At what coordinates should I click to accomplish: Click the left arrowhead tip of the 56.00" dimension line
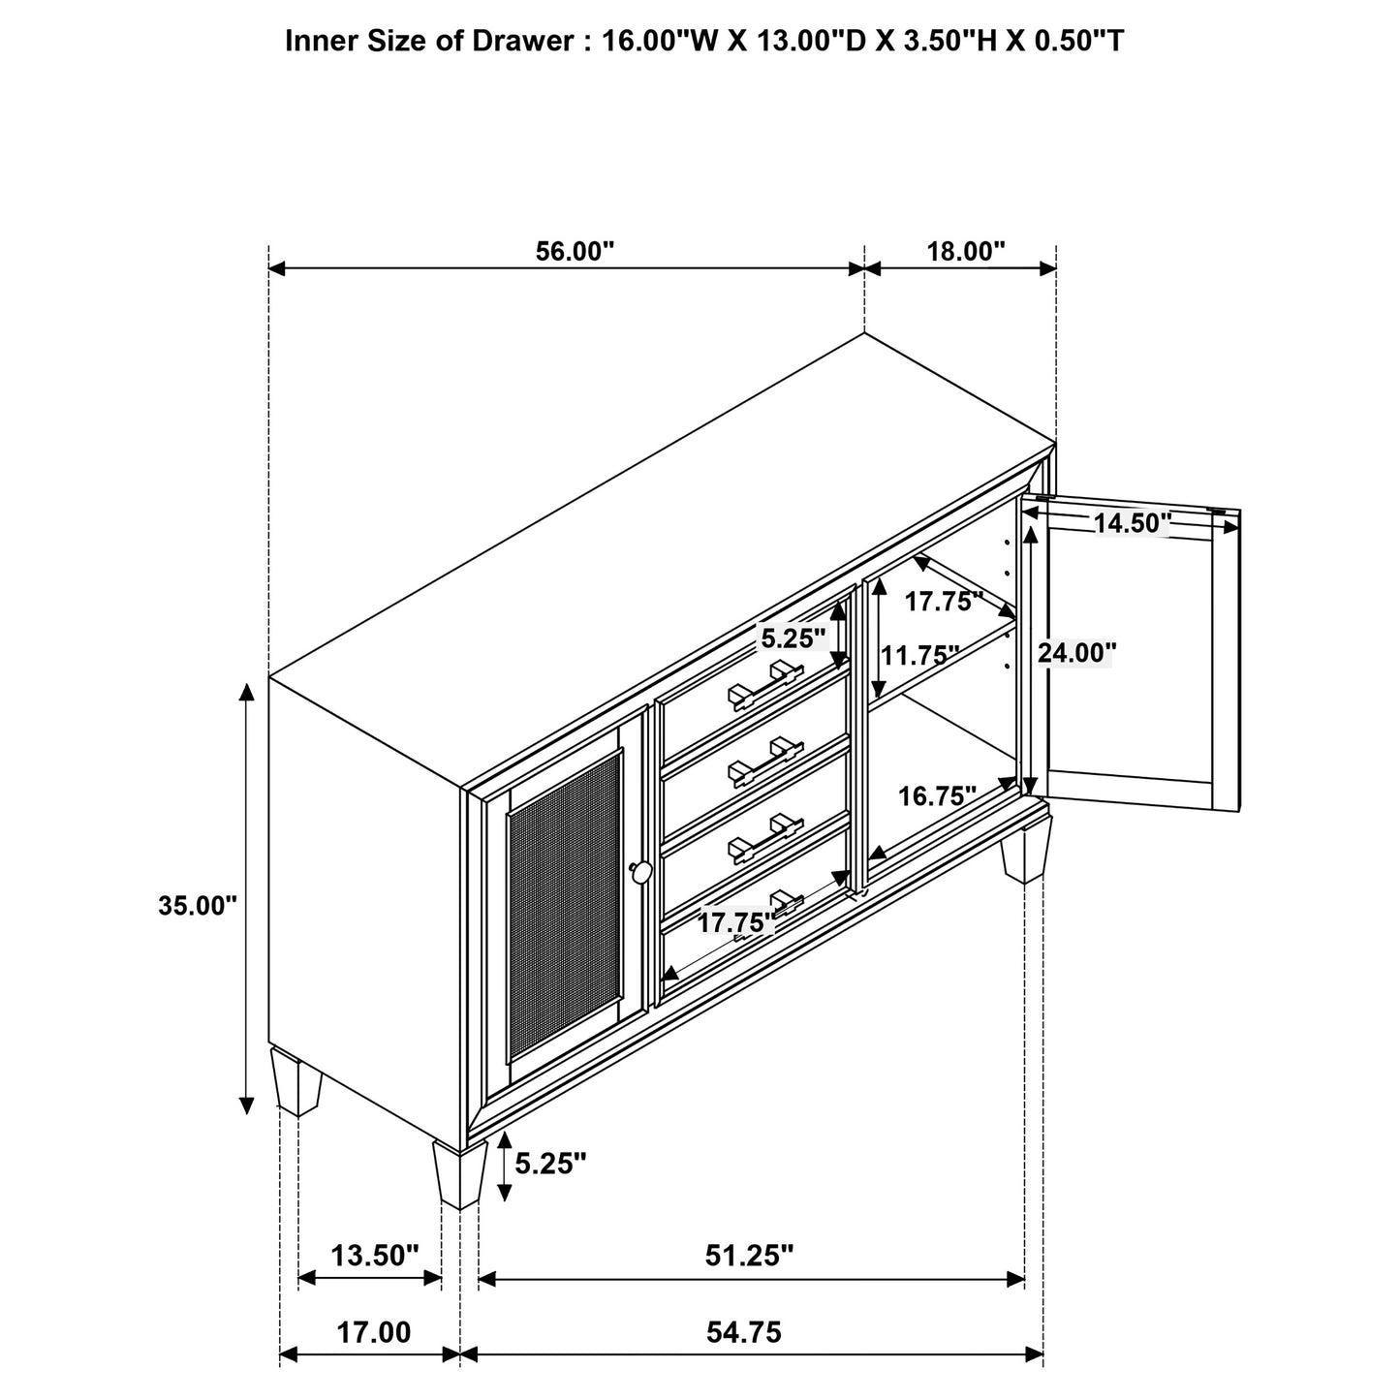pos(268,268)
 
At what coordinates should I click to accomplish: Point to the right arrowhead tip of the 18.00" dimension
pos(1056,268)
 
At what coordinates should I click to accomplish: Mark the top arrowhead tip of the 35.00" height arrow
pos(247,683)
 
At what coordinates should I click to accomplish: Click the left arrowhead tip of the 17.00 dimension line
pos(280,1354)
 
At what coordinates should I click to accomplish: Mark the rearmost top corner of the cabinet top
pos(864,333)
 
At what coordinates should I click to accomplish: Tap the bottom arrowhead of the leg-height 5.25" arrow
pos(504,1201)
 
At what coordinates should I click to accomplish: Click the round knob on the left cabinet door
pos(640,872)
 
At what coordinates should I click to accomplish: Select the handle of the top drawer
pos(765,685)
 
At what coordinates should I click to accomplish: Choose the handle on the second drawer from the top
pos(765,762)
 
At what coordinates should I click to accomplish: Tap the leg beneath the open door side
pos(1026,849)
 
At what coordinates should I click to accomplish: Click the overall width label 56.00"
pos(575,251)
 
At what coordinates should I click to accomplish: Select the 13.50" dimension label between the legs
pos(375,1255)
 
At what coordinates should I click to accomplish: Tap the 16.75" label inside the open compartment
pos(937,796)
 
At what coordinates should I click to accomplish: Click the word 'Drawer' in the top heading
pos(523,41)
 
